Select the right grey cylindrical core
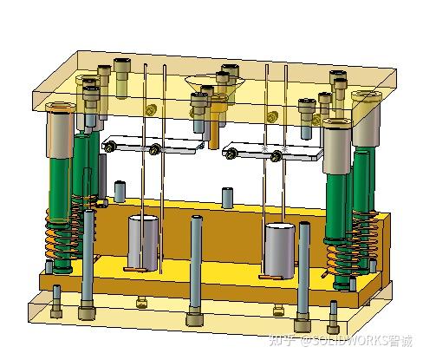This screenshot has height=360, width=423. pos(279,248)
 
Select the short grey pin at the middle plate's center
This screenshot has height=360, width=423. pos(227,198)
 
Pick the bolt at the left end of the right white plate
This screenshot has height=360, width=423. pos(233,154)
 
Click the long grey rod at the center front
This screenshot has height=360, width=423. pos(197,265)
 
